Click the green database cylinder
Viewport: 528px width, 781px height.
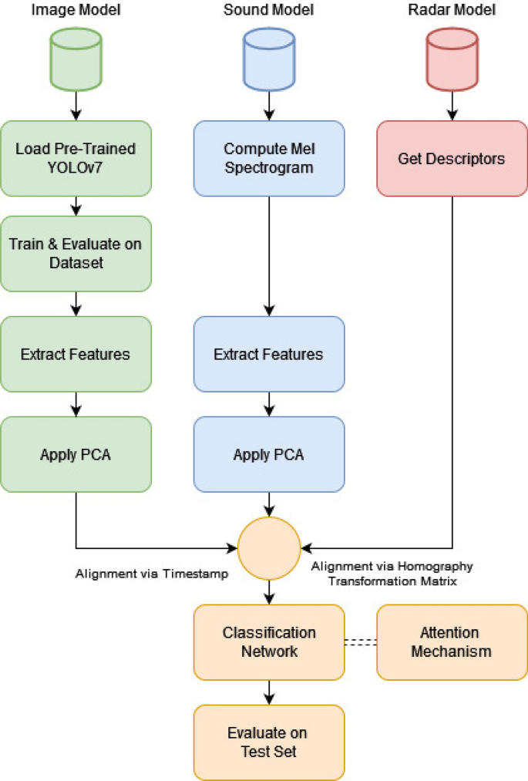pyautogui.click(x=76, y=58)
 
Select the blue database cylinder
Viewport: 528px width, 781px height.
pyautogui.click(x=268, y=58)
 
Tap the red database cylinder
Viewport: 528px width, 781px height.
pyautogui.click(x=452, y=58)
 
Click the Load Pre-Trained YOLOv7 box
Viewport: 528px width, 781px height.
pyautogui.click(x=76, y=157)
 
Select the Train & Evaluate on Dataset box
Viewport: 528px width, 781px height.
pyautogui.click(x=76, y=254)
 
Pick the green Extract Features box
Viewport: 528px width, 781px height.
pyautogui.click(x=76, y=354)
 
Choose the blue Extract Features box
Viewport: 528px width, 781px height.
pyautogui.click(x=268, y=354)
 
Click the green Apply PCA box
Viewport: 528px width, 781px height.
pyautogui.click(x=76, y=454)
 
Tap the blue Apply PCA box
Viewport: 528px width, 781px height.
pyautogui.click(x=268, y=454)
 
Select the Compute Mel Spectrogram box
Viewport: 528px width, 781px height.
pyautogui.click(x=268, y=157)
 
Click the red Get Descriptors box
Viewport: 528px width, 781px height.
pyautogui.click(x=452, y=158)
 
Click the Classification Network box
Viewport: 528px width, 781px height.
pyautogui.click(x=268, y=641)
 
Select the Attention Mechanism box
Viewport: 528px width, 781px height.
pyautogui.click(x=451, y=641)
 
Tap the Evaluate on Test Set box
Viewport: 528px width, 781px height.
pyautogui.click(x=268, y=741)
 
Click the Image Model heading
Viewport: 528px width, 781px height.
pyautogui.click(x=76, y=10)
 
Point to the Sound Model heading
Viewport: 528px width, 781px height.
pyautogui.click(x=268, y=10)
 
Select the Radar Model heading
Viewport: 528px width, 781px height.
pyautogui.click(x=452, y=10)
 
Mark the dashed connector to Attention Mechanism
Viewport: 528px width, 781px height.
pyautogui.click(x=360, y=641)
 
